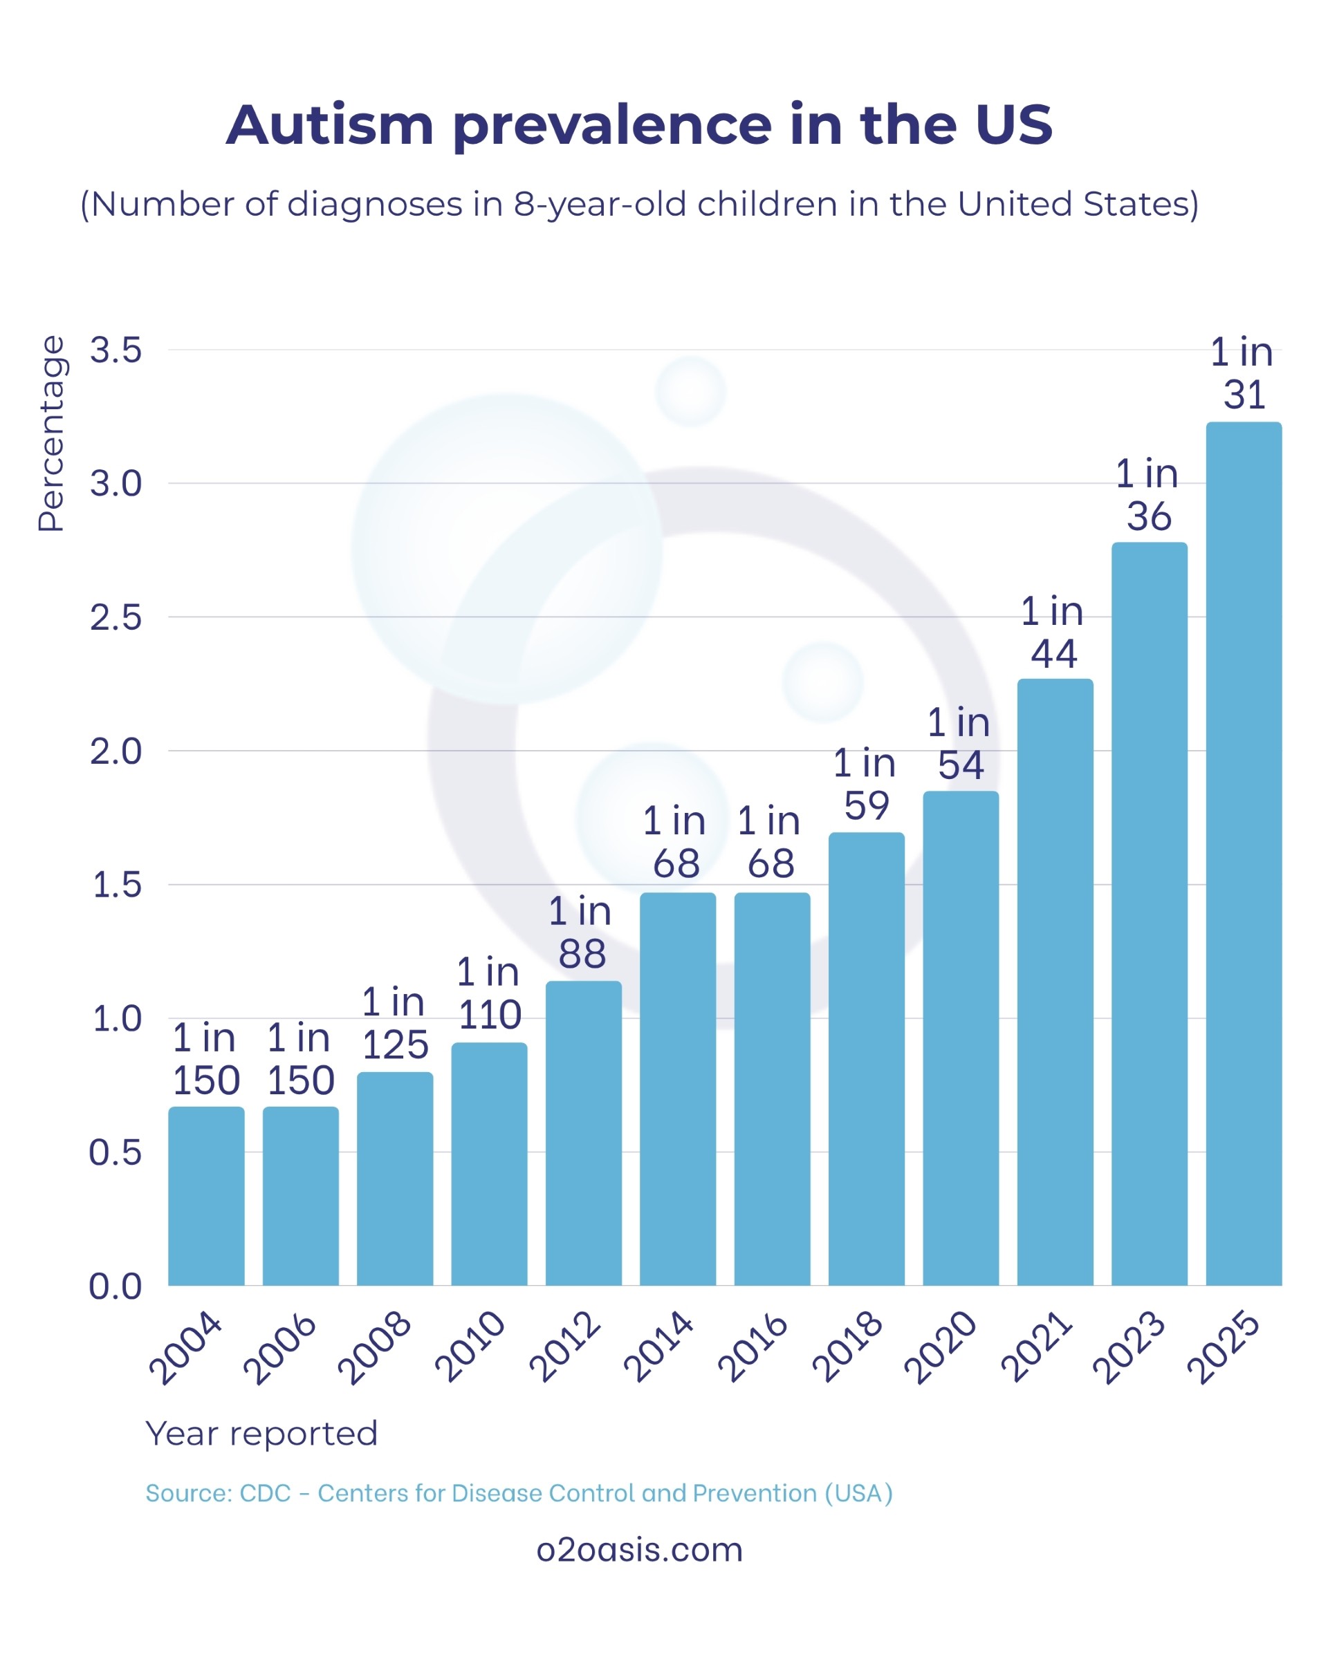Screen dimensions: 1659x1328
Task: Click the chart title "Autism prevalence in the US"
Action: (639, 124)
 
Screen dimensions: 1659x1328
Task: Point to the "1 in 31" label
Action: (1242, 373)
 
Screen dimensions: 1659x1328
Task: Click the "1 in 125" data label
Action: (394, 1024)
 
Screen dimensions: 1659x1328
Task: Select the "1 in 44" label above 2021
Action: (1053, 632)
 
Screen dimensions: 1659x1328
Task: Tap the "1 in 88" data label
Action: (581, 932)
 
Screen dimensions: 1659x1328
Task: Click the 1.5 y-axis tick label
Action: (117, 885)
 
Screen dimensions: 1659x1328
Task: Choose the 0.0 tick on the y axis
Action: (116, 1286)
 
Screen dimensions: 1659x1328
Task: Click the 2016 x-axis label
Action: (753, 1347)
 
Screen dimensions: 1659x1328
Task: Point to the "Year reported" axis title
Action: (261, 1434)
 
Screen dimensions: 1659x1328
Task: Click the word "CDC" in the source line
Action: (265, 1493)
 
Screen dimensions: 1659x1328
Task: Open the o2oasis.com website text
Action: (639, 1549)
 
